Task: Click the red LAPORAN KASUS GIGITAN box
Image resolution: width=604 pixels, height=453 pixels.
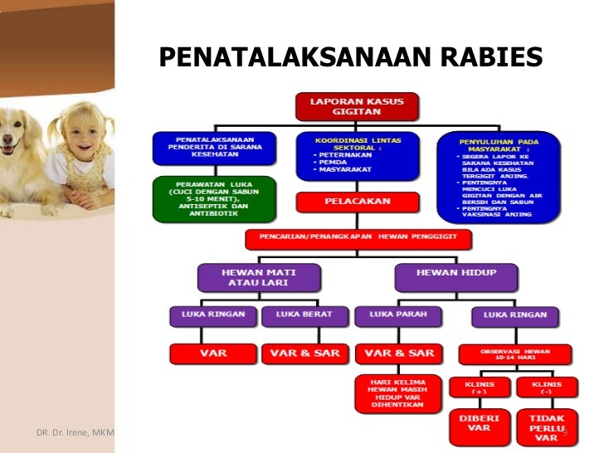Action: pos(357,106)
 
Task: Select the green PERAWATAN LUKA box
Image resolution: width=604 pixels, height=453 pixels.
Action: pos(214,198)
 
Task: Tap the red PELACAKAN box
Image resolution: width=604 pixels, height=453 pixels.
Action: pos(357,202)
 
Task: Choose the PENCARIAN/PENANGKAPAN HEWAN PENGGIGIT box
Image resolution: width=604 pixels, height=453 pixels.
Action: pos(358,240)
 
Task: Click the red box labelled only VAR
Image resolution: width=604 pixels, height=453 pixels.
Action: pos(212,353)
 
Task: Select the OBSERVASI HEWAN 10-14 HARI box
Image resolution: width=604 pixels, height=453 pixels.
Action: pos(515,353)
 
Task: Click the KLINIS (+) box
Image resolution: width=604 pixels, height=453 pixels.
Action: pos(479,388)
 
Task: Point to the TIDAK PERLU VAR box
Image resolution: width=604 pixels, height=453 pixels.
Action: pos(543,426)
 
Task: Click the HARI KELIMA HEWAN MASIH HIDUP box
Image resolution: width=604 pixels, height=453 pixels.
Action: pos(395,393)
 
